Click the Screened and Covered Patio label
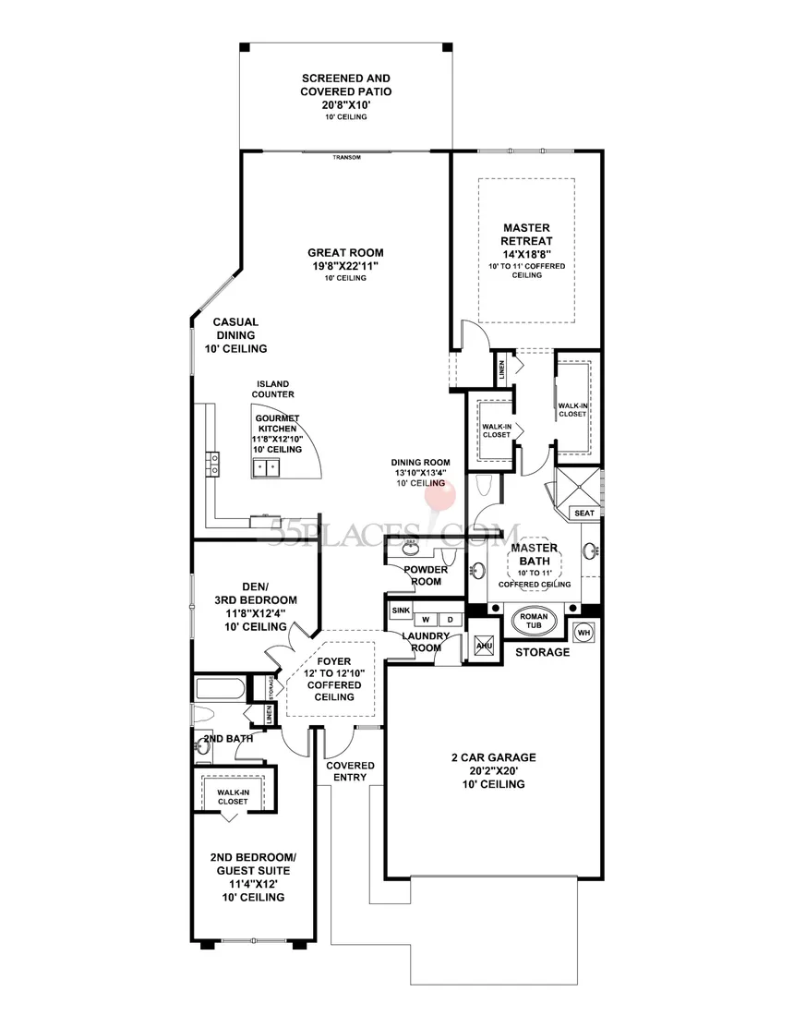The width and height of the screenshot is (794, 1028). coord(346,85)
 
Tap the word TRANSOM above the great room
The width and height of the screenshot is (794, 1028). coord(346,157)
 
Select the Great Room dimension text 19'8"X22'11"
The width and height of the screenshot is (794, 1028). coord(346,265)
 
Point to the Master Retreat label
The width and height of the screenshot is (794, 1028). coord(526,234)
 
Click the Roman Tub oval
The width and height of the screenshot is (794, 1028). coord(534,620)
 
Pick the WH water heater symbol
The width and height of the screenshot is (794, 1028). coord(583,633)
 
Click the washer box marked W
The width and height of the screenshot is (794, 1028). coord(426,619)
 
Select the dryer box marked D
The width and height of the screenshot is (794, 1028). coord(450,619)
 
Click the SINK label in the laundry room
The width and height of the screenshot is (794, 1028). coord(401,610)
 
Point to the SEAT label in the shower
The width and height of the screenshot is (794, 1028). coord(584,513)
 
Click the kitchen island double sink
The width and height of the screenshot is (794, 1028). coord(266,467)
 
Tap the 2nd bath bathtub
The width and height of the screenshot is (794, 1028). coord(220,689)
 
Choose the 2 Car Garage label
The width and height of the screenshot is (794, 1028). coord(493,757)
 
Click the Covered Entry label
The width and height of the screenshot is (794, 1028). coord(351,771)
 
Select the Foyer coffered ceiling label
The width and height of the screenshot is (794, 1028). coord(334,679)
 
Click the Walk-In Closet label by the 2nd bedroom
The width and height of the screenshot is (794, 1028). coord(234,796)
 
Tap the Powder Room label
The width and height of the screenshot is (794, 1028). coord(426,575)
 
